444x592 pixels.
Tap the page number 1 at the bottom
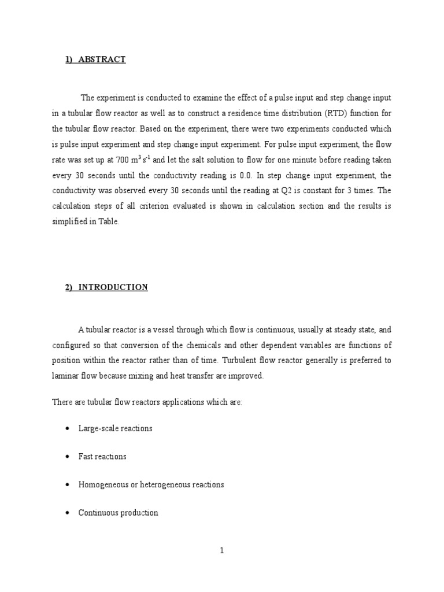221,551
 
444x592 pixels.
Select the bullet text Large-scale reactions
115,428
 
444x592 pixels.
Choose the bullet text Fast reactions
102,456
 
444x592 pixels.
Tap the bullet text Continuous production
118,513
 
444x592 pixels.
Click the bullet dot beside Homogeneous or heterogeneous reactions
68,485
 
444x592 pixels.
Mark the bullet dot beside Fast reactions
68,457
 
